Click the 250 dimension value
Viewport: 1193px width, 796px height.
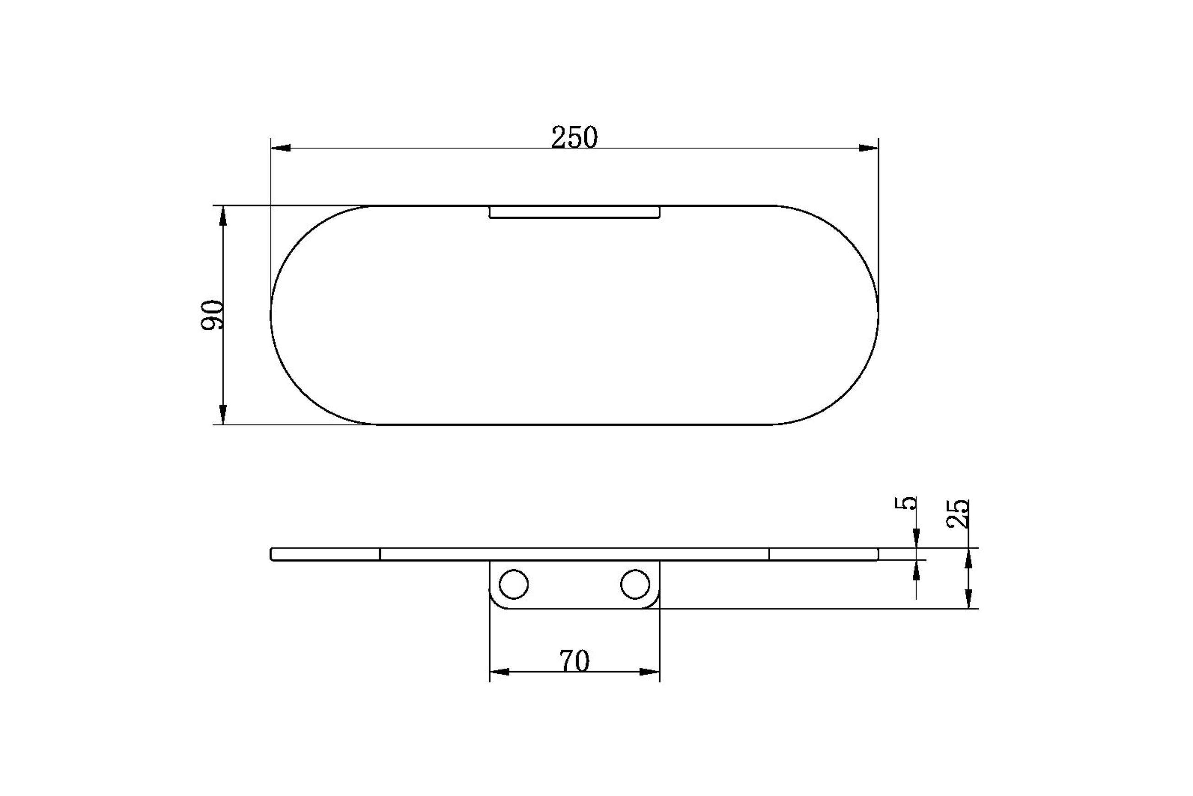[x=574, y=137]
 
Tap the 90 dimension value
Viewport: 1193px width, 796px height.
[x=212, y=315]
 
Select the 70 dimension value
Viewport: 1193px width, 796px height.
[x=574, y=662]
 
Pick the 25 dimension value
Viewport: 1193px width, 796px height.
[x=958, y=514]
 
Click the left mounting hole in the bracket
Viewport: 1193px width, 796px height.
[x=513, y=584]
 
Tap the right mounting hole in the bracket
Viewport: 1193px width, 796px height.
[x=634, y=584]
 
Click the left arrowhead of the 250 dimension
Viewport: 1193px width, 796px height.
[x=281, y=148]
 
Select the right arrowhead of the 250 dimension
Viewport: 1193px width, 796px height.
[x=868, y=148]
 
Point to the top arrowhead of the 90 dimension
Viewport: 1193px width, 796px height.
[x=223, y=215]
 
